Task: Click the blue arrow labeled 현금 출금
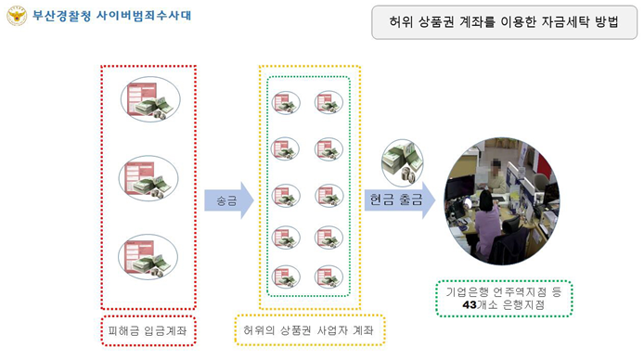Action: (x=398, y=199)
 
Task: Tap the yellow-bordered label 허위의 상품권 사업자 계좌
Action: (x=310, y=329)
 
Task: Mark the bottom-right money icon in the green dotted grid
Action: (x=329, y=277)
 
